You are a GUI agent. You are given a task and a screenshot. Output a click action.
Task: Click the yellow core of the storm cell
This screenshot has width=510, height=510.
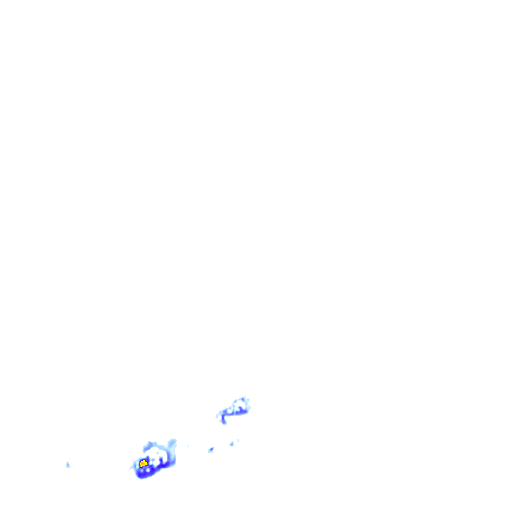tap(144, 464)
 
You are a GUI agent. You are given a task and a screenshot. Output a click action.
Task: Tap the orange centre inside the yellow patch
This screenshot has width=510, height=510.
tap(142, 463)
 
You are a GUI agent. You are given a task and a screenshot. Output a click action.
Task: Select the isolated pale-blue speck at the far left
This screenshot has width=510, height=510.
tap(68, 465)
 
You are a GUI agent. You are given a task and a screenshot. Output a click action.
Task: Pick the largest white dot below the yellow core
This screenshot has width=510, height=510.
tap(148, 470)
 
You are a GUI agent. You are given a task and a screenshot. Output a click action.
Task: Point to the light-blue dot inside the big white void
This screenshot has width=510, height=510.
tap(158, 453)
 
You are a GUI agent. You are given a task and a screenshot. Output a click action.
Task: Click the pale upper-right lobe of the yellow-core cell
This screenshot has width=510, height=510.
tap(172, 443)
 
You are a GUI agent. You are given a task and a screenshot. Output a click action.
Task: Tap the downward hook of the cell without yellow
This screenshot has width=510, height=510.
tap(224, 420)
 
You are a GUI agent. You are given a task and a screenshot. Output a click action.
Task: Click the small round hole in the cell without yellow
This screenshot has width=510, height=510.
tap(230, 411)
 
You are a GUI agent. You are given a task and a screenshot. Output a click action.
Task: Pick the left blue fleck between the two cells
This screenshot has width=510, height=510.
tap(211, 449)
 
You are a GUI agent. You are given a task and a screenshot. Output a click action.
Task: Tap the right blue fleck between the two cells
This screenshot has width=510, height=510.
tap(232, 444)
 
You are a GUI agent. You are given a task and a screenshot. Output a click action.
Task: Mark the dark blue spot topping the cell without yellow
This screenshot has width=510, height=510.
tap(243, 399)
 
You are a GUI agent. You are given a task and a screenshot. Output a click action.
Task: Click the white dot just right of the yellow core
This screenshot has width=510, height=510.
tap(151, 463)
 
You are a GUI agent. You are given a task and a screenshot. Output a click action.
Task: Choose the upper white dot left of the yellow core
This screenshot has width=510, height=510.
tap(137, 463)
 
